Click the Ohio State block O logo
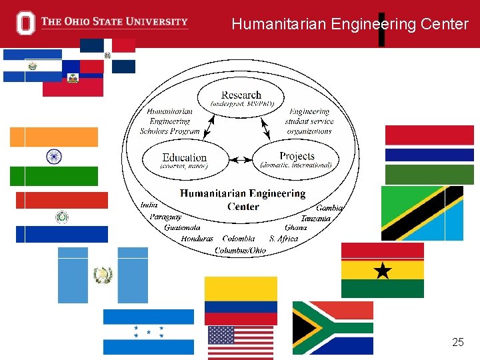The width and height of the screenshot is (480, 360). pos(26,23)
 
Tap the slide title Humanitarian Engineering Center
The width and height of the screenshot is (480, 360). pos(350,25)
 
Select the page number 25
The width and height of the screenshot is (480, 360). pos(457,342)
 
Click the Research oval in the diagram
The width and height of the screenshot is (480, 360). pos(241,98)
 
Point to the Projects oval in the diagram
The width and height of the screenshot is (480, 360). pos(297,159)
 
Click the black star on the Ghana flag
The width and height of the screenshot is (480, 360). pos(383,270)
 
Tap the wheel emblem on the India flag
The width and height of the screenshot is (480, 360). pos(53,157)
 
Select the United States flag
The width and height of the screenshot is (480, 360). pos(241,343)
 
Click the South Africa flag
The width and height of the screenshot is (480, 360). pos(333,328)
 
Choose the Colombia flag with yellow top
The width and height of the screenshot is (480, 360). pos(241,301)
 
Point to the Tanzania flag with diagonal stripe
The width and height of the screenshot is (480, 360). pos(422,213)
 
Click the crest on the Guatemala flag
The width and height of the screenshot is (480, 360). pos(103,275)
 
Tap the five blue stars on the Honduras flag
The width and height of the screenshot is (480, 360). pos(148,331)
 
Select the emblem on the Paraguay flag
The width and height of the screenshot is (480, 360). pos(61,217)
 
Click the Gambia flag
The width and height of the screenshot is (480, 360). pos(429,155)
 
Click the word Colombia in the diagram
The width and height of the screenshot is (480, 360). pos(238,239)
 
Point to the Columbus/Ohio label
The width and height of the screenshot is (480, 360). pos(240,251)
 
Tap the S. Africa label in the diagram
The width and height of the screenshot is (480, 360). pos(283,239)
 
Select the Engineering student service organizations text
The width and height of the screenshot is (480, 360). pos(309,121)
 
